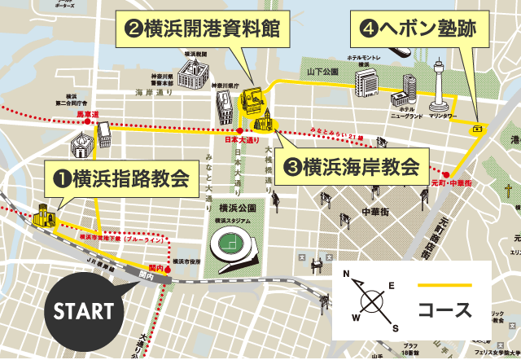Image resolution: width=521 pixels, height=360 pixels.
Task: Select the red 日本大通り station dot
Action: [239, 130]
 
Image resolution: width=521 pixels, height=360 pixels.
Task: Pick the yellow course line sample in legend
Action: [444, 285]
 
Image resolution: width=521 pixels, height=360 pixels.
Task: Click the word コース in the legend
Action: [444, 311]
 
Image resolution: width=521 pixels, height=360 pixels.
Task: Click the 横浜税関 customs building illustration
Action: [194, 73]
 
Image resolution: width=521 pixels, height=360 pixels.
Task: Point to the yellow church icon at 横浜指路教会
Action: [43, 217]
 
